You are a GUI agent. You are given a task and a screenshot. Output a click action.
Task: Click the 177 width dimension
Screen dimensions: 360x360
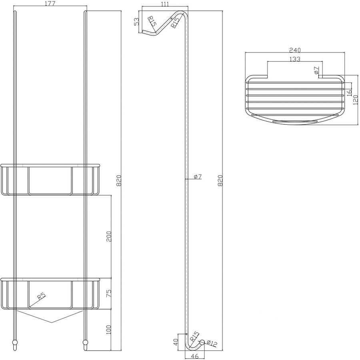pos(50,4)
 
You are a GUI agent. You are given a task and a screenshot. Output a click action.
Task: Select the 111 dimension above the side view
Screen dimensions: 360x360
pos(165,4)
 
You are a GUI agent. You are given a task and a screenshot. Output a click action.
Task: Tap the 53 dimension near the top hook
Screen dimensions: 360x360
pos(136,22)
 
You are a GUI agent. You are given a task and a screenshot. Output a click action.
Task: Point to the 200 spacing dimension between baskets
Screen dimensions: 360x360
pos(109,236)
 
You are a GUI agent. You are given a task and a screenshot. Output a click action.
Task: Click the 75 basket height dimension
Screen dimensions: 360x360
pos(109,294)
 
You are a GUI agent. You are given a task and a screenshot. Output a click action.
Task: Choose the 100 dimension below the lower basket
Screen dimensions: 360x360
pos(109,330)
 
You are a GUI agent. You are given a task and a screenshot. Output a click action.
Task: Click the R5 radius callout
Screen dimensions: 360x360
pos(42,296)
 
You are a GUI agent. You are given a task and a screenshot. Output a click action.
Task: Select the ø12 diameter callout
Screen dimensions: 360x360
pos(212,343)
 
